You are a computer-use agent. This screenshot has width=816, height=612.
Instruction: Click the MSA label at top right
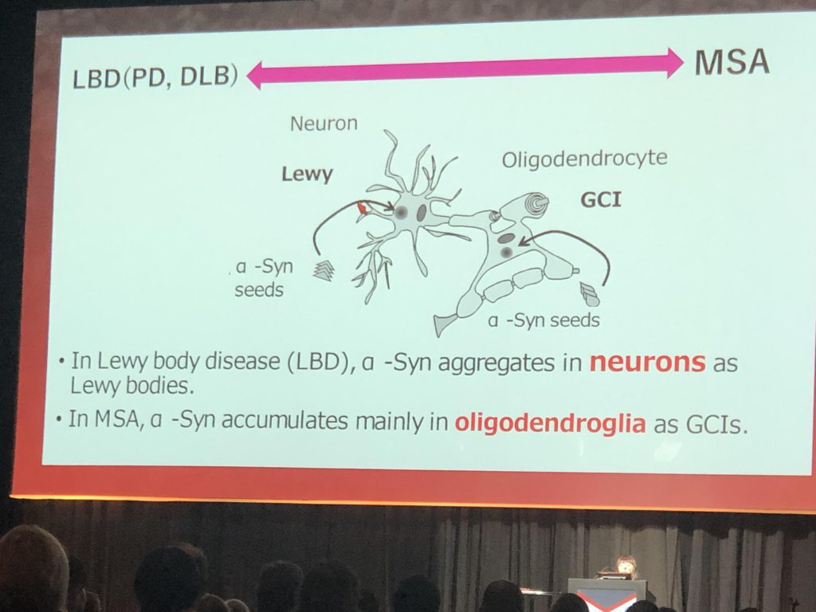(732, 63)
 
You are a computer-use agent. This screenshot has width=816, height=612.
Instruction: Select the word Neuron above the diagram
(324, 124)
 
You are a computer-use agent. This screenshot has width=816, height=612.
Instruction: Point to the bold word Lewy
(307, 174)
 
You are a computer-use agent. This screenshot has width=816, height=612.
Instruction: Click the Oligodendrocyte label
(584, 159)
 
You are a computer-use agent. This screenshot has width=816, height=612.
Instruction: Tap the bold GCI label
(601, 199)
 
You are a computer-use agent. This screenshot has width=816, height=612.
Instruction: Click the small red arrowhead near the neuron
(363, 208)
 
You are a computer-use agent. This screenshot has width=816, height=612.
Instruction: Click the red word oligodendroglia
(550, 423)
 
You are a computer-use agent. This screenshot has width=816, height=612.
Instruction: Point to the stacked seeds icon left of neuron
(324, 270)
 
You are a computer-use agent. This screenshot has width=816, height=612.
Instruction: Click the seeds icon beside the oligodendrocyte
(590, 294)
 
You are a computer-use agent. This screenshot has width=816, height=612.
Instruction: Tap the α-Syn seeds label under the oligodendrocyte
(543, 320)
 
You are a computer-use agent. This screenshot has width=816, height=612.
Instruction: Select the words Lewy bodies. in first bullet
(129, 386)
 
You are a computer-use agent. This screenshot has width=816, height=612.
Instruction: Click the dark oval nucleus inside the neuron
(422, 213)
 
